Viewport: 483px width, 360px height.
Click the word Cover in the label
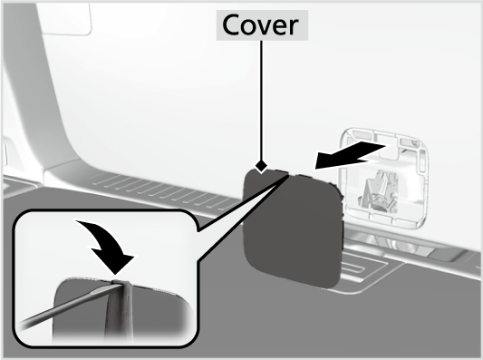[x=260, y=25]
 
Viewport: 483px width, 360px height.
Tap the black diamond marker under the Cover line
[x=262, y=167]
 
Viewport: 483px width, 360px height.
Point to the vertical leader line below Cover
[x=262, y=101]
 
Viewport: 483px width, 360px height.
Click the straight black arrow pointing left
[x=350, y=155]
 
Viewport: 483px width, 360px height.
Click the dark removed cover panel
[x=293, y=229]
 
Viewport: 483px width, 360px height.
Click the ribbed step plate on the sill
[x=163, y=191]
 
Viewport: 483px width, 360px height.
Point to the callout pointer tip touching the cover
[x=289, y=175]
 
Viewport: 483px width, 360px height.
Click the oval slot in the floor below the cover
[x=354, y=268]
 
